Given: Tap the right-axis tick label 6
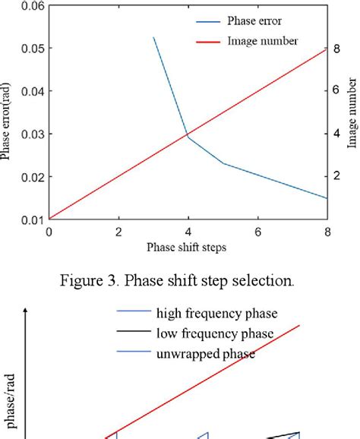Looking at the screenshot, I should coord(339,90).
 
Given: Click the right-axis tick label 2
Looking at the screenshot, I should coord(339,175).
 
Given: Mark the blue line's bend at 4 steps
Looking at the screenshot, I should coord(188,137).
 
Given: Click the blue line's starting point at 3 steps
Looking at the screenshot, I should coord(153,37).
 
